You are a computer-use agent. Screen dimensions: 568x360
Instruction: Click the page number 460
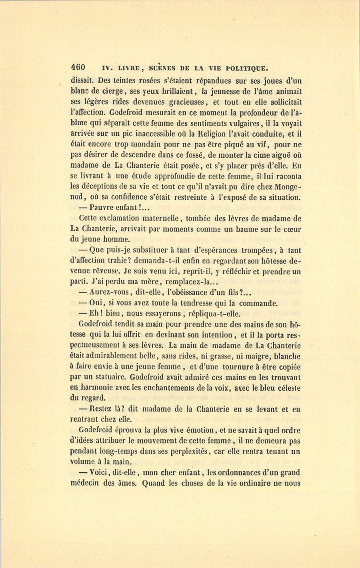(x=78, y=67)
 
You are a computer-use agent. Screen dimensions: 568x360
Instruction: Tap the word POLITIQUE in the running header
(x=244, y=67)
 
